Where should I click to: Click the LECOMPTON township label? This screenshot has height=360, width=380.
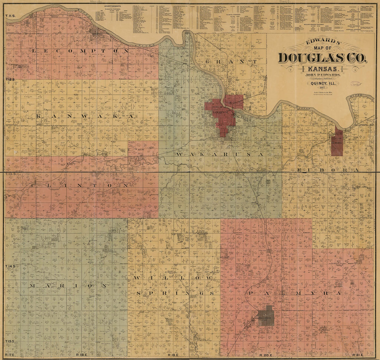pos(80,51)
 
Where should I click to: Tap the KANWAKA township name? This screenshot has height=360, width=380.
pos(85,117)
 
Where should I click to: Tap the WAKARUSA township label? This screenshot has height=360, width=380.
pos(219,154)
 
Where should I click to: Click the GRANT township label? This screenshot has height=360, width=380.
pos(231,62)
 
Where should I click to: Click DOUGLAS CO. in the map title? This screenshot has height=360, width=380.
pos(322,58)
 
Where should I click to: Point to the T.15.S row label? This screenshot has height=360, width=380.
pos(11,342)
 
